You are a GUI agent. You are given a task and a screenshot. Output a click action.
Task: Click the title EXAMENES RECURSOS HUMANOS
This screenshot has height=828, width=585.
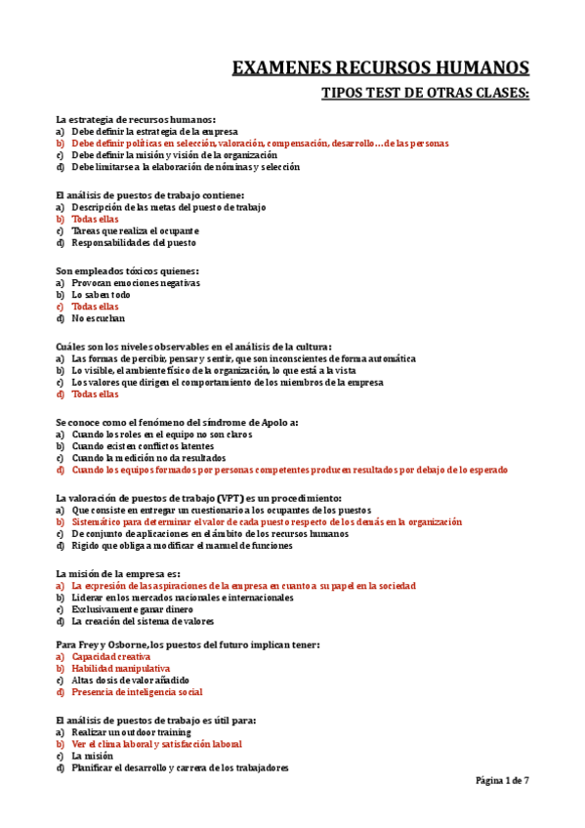tap(381, 67)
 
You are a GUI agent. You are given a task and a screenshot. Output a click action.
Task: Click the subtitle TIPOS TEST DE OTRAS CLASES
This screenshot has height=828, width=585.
tap(426, 93)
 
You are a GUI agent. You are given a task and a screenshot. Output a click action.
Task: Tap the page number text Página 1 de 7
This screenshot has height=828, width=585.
tap(502, 780)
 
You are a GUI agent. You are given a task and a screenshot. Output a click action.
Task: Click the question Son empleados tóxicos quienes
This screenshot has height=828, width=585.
tap(128, 270)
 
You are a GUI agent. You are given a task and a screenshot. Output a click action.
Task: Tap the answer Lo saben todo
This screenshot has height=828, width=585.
tap(101, 294)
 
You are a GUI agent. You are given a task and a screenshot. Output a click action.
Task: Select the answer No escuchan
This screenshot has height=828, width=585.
tap(99, 317)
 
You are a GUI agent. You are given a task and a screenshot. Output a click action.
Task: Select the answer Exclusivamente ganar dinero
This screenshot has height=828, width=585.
tap(133, 609)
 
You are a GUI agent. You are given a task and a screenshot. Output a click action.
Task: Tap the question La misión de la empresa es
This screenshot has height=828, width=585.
tap(118, 574)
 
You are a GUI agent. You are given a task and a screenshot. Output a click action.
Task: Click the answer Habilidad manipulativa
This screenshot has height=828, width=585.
tap(121, 669)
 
